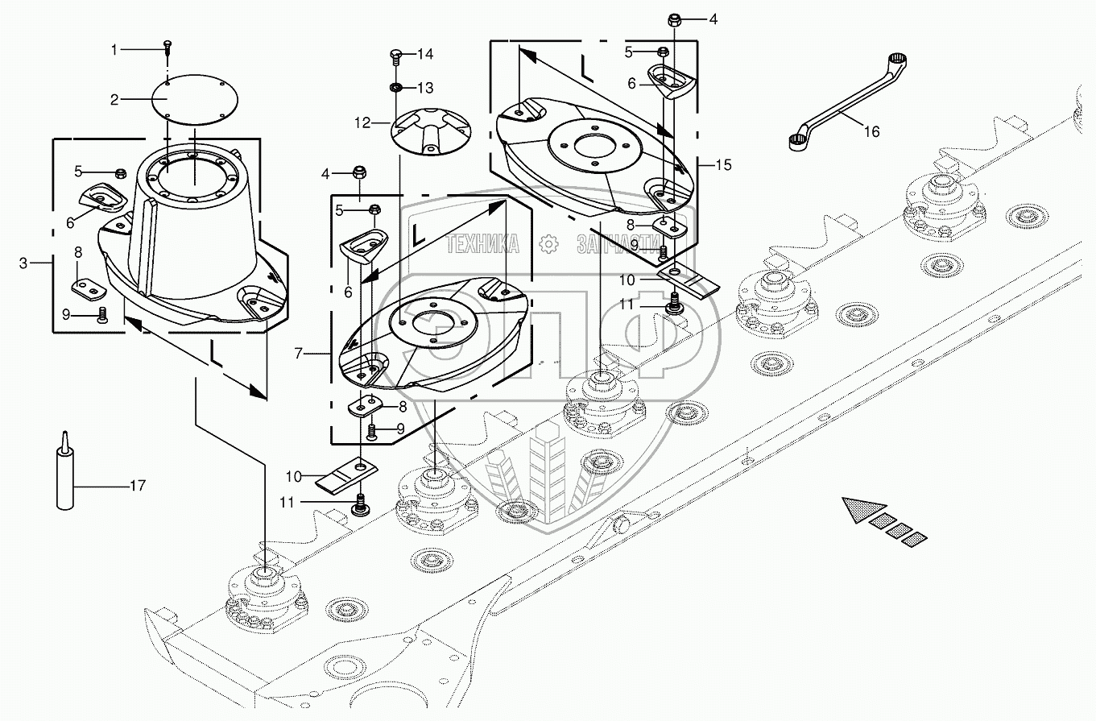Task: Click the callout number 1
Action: pyautogui.click(x=114, y=50)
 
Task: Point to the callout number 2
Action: pyautogui.click(x=114, y=101)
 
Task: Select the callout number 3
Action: pyautogui.click(x=23, y=263)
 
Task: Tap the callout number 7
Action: pyautogui.click(x=299, y=354)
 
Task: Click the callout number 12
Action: pyautogui.click(x=362, y=123)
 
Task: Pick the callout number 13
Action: pyautogui.click(x=425, y=88)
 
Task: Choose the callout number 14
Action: pyautogui.click(x=425, y=54)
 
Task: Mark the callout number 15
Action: pyautogui.click(x=723, y=165)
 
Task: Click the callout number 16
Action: pyautogui.click(x=871, y=131)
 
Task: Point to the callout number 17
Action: pyautogui.click(x=138, y=486)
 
